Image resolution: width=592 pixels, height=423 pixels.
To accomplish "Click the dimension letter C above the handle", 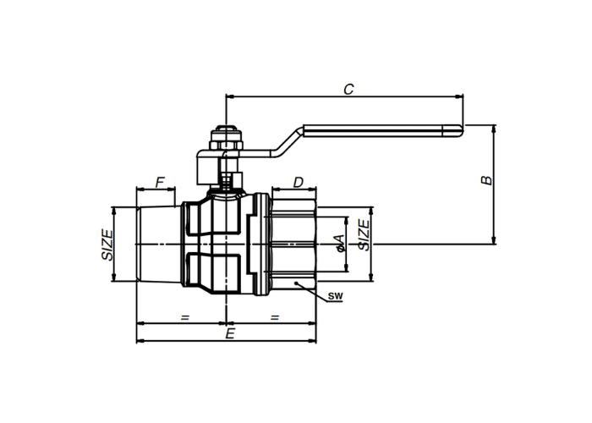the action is click(348, 89).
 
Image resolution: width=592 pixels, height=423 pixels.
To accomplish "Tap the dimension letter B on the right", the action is click(486, 180).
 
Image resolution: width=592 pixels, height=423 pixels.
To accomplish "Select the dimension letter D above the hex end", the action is click(299, 183).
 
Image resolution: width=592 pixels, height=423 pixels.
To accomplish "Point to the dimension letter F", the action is click(160, 183).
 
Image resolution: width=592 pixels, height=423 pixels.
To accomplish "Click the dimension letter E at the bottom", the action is click(230, 334).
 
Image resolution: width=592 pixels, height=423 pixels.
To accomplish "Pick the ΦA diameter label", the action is click(339, 244).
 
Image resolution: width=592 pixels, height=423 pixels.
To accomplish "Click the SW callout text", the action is click(335, 296).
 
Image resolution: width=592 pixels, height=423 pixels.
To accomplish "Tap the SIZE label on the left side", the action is click(107, 244).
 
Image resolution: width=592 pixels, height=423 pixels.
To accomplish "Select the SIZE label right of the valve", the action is click(364, 235).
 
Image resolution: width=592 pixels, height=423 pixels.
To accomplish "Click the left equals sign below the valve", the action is click(184, 317).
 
